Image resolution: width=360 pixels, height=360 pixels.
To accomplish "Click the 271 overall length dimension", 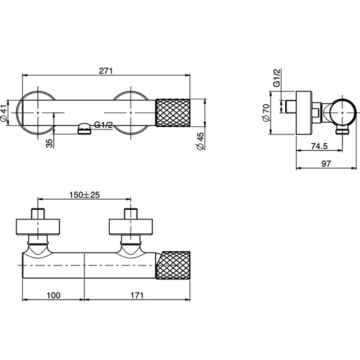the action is point(106,70).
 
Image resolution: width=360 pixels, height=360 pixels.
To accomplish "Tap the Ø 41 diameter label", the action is point(4,113).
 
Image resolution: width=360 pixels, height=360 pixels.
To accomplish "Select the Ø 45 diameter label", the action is point(200,141).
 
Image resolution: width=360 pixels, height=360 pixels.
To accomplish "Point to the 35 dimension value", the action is point(49,143).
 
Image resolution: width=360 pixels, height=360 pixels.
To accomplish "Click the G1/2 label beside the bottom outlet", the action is point(104,125).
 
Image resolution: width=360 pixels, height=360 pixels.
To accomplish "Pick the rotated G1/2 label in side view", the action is point(277,77).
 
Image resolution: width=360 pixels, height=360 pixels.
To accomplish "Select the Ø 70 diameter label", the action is point(266,113).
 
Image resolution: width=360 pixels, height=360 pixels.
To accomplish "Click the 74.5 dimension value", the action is point(319,146).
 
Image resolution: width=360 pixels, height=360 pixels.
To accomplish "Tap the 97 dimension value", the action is point(326,164).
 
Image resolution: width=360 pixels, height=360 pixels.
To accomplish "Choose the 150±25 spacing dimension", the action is point(85,195).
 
